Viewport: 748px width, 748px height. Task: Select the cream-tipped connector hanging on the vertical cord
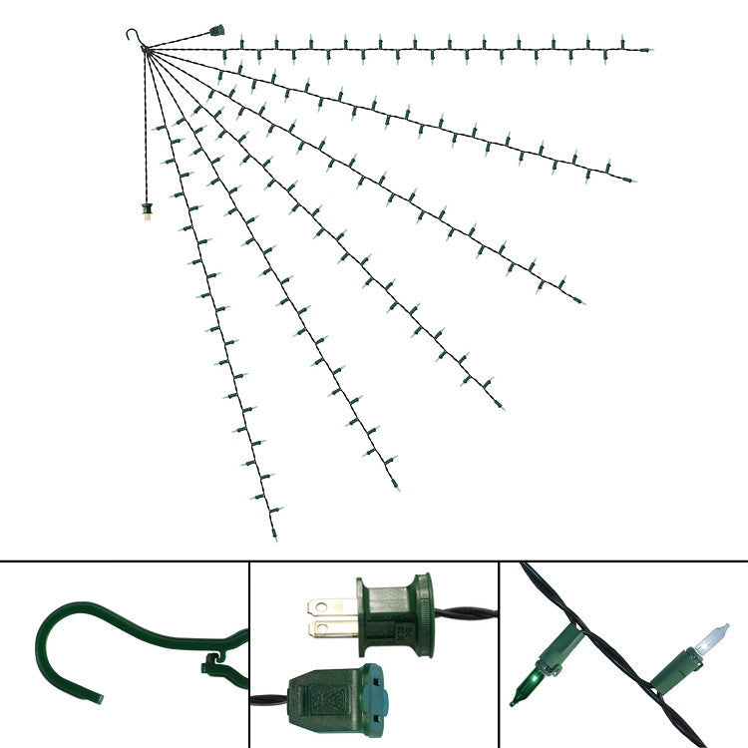pyautogui.click(x=146, y=211)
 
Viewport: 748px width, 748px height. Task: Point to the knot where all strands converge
pyautogui.click(x=148, y=50)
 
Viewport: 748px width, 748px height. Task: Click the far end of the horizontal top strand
pyautogui.click(x=649, y=49)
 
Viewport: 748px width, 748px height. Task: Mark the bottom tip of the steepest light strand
pyautogui.click(x=274, y=539)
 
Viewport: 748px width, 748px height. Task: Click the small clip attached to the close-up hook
pyautogui.click(x=213, y=663)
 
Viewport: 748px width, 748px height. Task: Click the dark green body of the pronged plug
pyautogui.click(x=394, y=613)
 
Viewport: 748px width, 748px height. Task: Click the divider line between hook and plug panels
pyautogui.click(x=248, y=653)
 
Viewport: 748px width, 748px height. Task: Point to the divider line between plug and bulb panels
pyautogui.click(x=498, y=653)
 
